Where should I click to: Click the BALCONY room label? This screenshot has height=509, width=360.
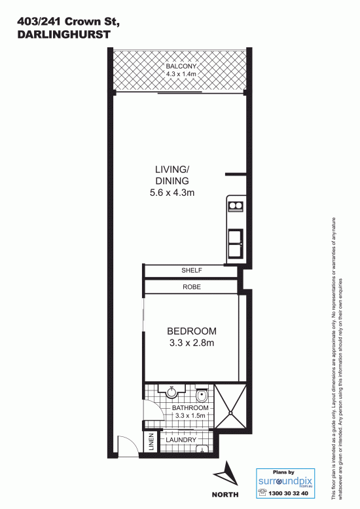(x=181, y=66)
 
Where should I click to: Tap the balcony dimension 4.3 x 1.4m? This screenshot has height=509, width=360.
(x=181, y=74)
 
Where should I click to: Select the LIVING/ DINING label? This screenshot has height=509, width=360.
(x=172, y=175)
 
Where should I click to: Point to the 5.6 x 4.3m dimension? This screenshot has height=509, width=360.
(x=172, y=193)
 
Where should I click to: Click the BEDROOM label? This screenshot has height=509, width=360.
(x=192, y=331)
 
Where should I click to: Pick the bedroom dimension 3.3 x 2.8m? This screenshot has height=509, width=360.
(x=192, y=343)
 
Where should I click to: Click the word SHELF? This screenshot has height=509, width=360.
(x=192, y=270)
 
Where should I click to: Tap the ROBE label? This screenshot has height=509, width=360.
(x=192, y=287)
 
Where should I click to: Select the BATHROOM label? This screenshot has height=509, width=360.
(x=190, y=408)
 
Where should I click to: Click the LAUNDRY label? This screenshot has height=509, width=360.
(x=181, y=440)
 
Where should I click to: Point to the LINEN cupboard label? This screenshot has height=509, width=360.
(x=151, y=442)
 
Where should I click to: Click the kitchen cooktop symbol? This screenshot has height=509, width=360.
(x=236, y=206)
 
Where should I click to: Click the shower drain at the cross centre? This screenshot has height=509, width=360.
(x=230, y=413)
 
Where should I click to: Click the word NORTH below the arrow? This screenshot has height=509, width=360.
(x=225, y=495)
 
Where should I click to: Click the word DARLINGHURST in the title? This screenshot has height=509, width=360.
(x=64, y=35)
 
